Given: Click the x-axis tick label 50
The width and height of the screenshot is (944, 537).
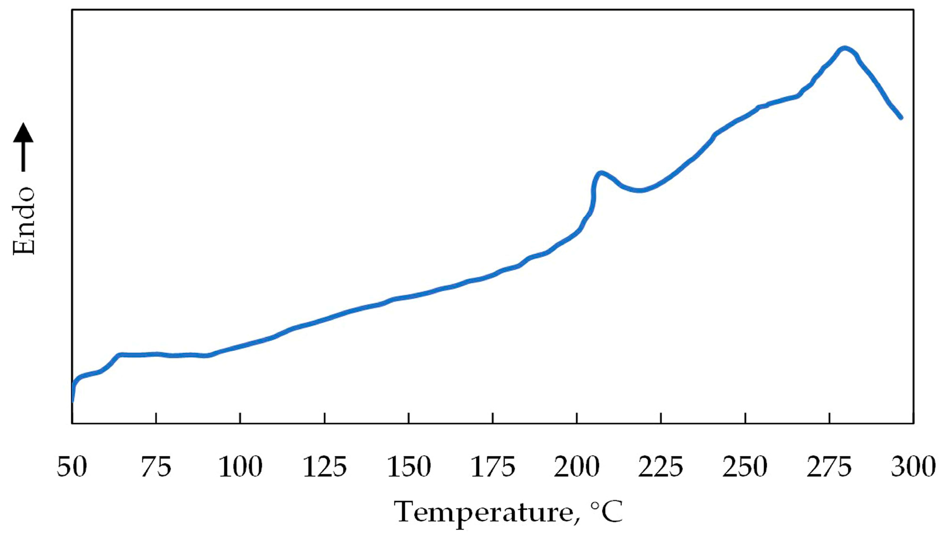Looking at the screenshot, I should [x=72, y=467].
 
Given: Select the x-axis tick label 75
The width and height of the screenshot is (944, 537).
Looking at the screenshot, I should [x=156, y=467].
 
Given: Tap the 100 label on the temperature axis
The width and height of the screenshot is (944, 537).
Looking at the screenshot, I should [x=240, y=467].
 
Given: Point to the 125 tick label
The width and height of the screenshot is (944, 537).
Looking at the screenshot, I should [x=325, y=467].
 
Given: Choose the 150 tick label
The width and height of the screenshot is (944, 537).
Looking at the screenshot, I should [x=409, y=467].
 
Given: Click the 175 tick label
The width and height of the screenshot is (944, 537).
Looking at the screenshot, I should [x=493, y=467].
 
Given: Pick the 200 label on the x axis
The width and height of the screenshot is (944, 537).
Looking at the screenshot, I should [x=577, y=467].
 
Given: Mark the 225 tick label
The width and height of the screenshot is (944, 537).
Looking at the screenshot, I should [x=661, y=467].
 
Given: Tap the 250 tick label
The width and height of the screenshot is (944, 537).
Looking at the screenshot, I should [x=745, y=467].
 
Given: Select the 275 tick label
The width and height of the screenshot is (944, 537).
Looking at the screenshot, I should [x=829, y=467].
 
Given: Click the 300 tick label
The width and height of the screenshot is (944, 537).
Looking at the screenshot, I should [x=913, y=467].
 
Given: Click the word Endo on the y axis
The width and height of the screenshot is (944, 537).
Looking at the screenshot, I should [x=24, y=221].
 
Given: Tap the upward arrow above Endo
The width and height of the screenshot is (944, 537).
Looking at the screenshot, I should [x=23, y=146].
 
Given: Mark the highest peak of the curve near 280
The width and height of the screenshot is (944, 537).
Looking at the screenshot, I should [x=845, y=48].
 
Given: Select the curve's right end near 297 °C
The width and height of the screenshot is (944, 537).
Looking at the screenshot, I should [x=901, y=117].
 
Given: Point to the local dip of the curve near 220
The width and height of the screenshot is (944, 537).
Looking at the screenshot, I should [x=639, y=190].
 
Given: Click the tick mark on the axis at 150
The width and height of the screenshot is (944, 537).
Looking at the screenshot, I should [x=409, y=418].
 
